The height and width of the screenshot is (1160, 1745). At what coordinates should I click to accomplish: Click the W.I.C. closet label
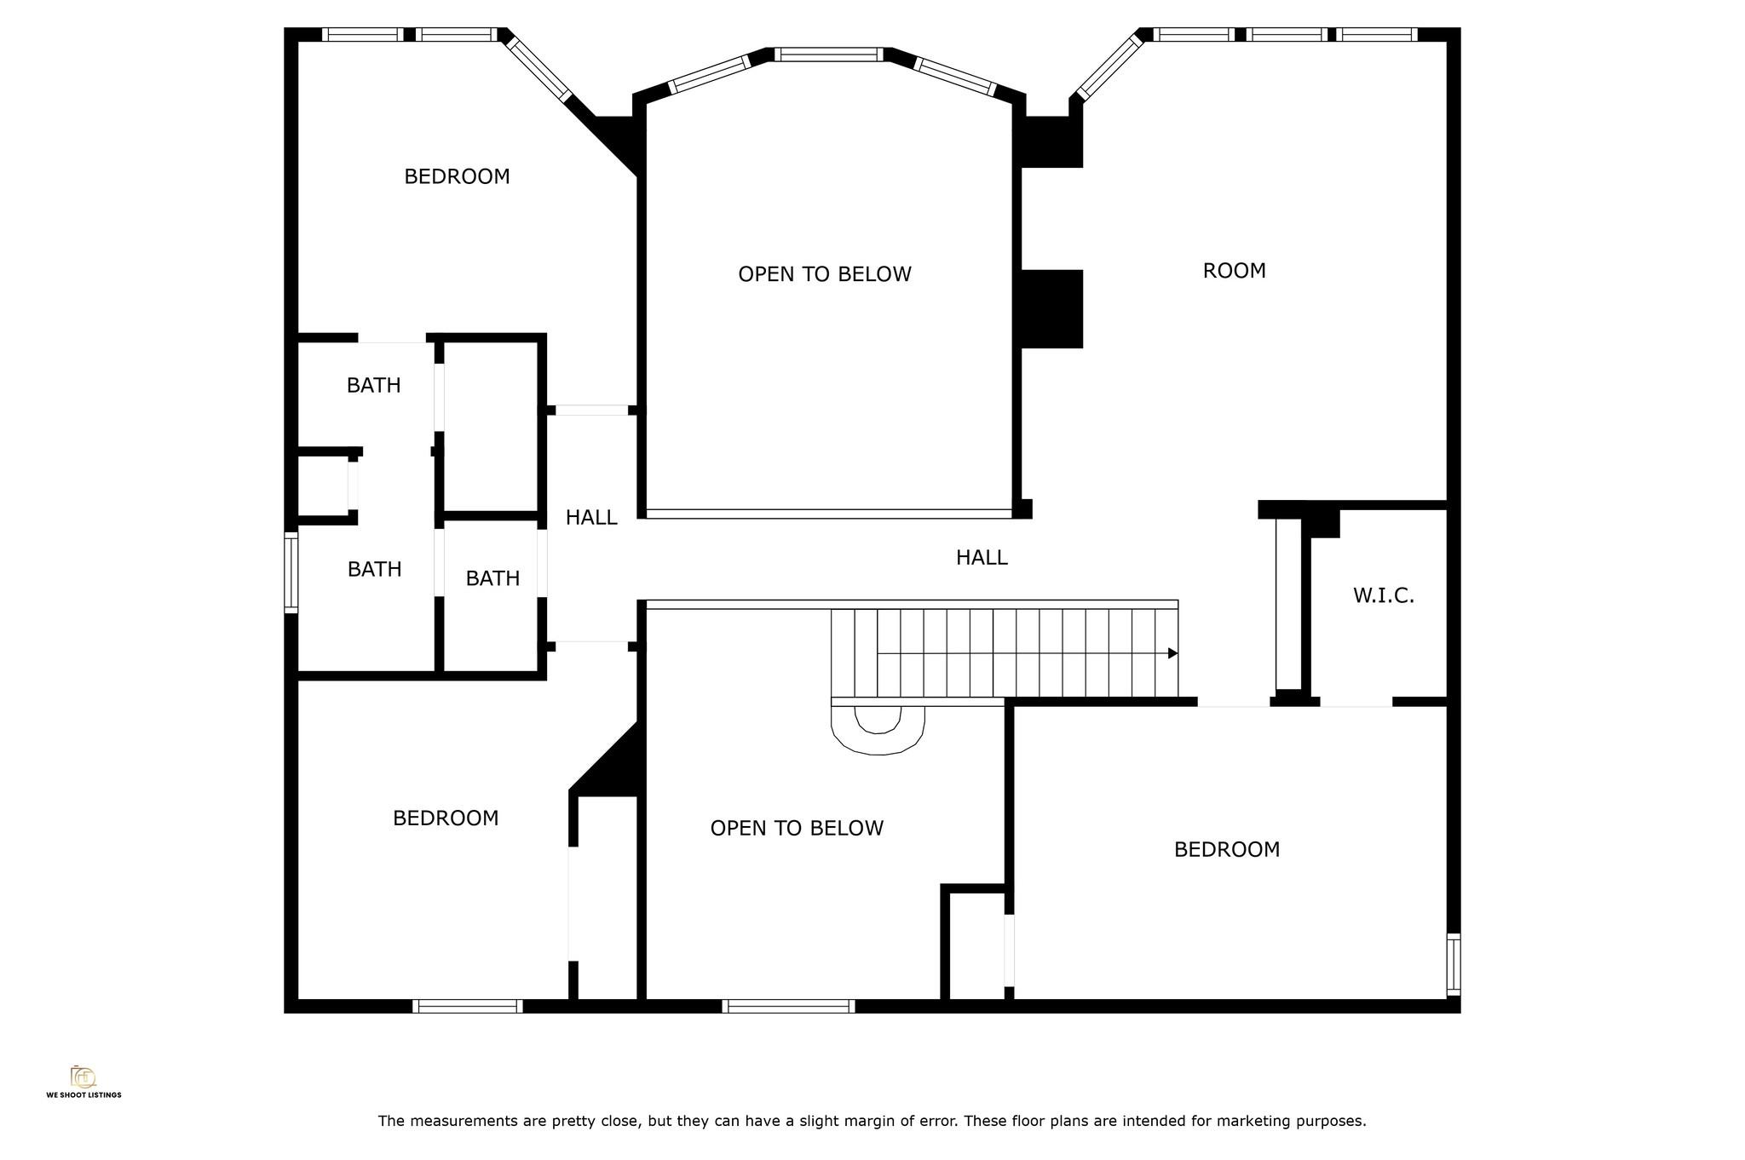pos(1383,596)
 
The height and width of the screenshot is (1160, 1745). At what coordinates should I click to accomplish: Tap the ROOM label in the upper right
pos(1234,271)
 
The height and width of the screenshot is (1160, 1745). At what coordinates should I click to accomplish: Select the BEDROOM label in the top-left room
pos(457,176)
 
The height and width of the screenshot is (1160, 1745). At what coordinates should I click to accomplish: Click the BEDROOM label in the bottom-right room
pos(1226,849)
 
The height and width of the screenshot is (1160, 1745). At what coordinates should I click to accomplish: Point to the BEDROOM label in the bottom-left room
pos(446,818)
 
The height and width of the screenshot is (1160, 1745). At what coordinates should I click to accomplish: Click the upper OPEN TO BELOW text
pos(824,274)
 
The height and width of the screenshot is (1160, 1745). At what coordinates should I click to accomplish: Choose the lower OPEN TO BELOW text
pos(797,828)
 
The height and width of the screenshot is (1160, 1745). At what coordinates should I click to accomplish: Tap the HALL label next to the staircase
pos(982,558)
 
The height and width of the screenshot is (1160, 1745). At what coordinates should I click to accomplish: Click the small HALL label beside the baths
pos(590,518)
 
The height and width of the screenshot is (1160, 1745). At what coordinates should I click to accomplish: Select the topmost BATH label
pos(373,386)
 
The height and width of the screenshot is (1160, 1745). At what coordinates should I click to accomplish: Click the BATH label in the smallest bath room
pos(492,579)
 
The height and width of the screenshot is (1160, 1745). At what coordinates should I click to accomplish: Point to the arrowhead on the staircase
pos(1172,653)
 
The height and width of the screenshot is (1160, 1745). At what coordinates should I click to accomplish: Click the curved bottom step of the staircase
pos(878,732)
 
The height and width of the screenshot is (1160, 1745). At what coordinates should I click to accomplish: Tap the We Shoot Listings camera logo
pos(84,1077)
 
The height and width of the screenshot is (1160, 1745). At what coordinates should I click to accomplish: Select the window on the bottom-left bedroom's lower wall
pos(467,1006)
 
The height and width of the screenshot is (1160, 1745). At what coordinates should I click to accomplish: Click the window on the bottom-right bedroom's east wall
pos(1454,964)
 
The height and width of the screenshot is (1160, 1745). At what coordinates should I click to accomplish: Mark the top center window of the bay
pos(829,55)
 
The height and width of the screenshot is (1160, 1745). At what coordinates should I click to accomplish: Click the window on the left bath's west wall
pos(291,571)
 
